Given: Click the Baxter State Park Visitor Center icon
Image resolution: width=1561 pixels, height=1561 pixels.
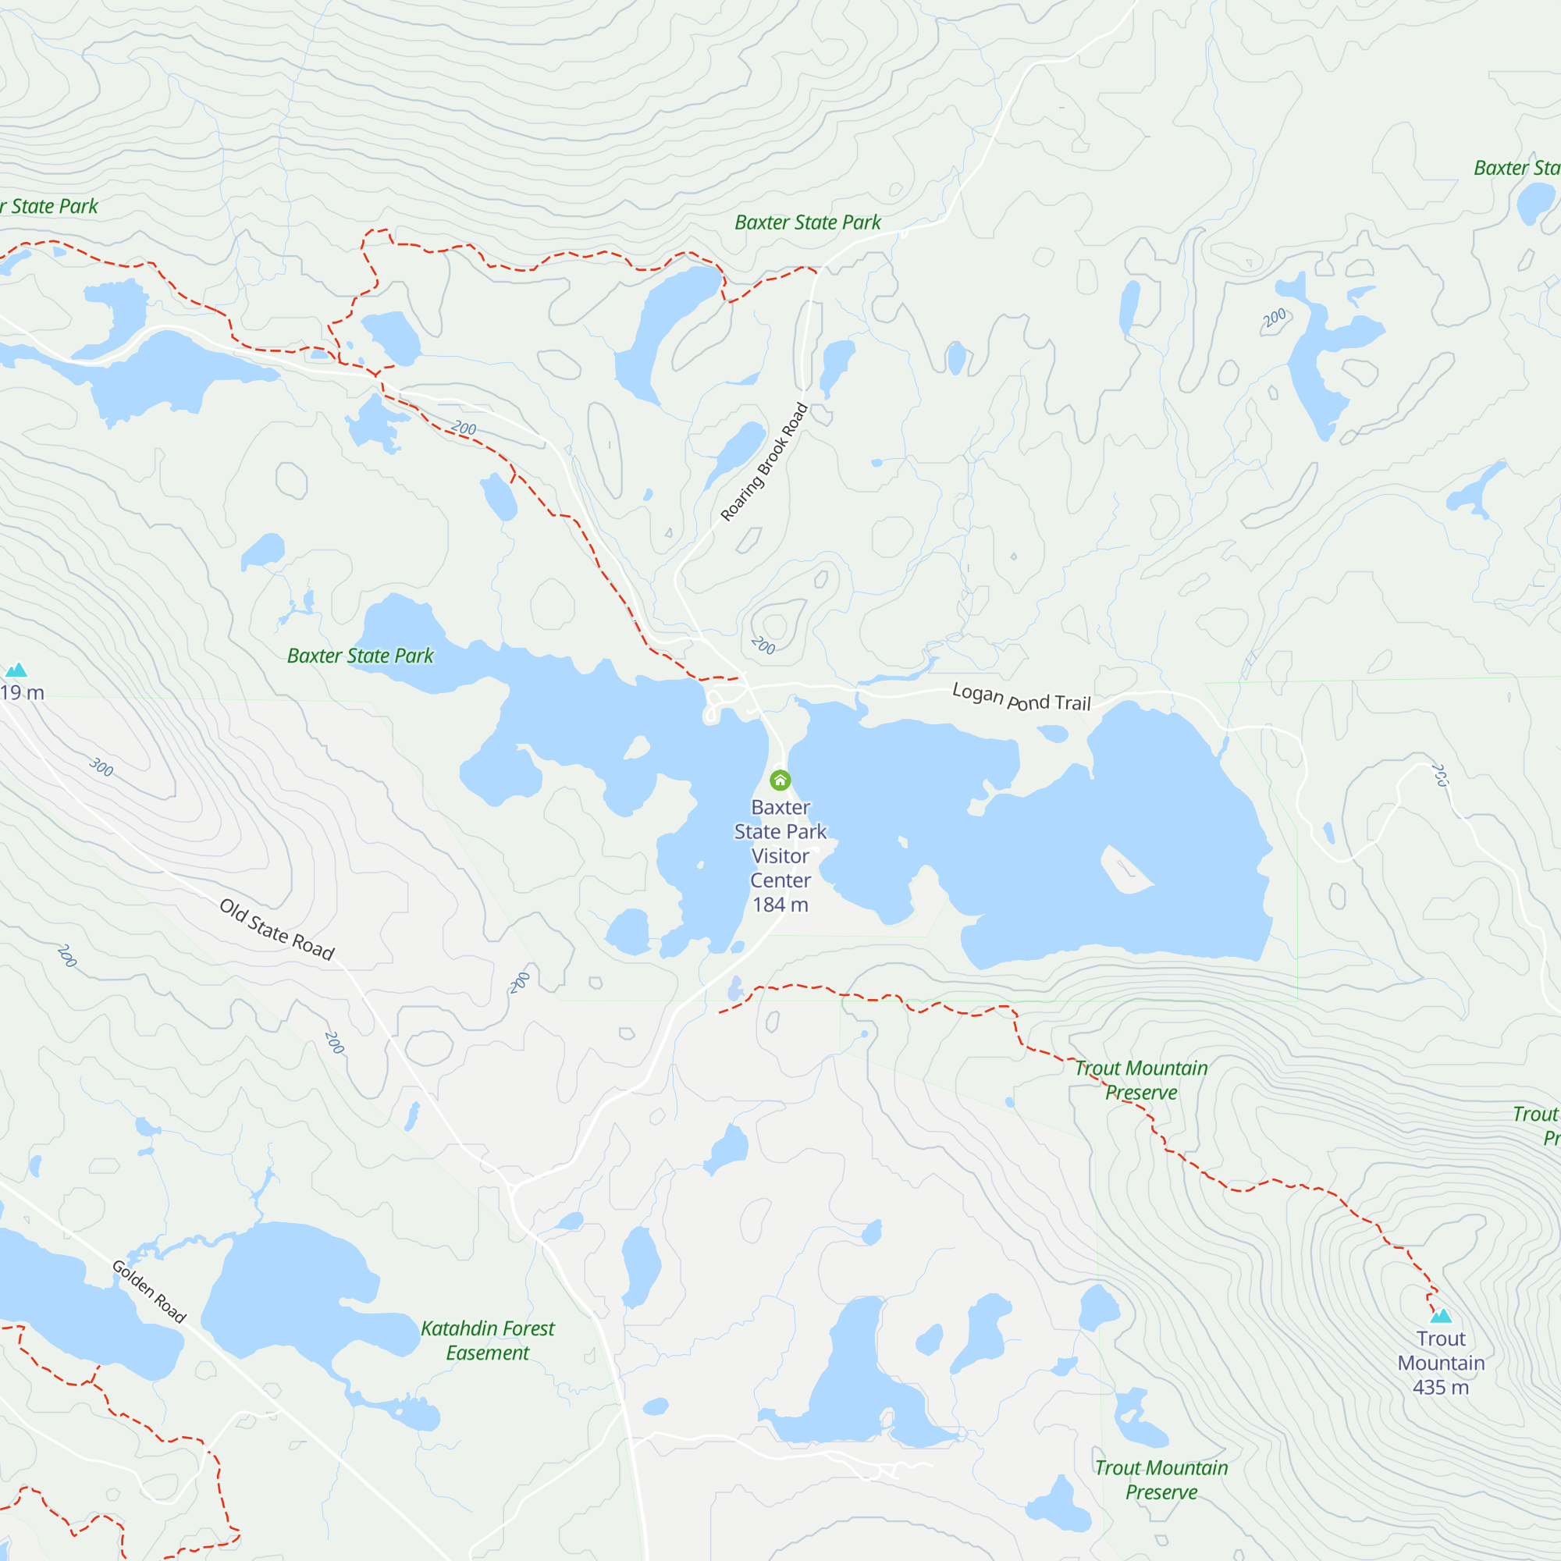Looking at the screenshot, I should (x=780, y=780).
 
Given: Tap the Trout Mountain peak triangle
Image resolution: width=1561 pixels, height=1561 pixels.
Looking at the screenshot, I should (x=1441, y=1316).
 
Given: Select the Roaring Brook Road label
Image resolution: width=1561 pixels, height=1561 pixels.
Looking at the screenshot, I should (x=763, y=462).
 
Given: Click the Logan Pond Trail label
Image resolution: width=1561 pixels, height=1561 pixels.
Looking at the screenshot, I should (x=1021, y=696).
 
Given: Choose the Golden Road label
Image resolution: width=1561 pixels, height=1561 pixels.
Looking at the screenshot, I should (x=148, y=1291).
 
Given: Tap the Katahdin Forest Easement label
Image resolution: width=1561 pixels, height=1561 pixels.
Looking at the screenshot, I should (x=487, y=1340).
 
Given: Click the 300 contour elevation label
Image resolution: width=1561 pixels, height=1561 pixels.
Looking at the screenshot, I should (x=101, y=766).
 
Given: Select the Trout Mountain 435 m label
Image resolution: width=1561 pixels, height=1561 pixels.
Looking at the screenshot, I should (x=1441, y=1363).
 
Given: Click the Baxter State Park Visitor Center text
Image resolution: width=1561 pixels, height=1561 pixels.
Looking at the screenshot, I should (x=780, y=844).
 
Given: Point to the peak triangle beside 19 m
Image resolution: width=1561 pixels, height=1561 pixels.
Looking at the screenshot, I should (x=16, y=670).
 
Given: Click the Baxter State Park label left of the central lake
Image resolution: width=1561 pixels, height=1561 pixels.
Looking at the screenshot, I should (x=361, y=656).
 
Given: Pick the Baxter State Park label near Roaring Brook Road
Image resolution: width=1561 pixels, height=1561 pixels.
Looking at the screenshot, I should (x=807, y=222).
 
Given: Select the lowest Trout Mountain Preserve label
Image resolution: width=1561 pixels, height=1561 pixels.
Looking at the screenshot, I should (x=1161, y=1479).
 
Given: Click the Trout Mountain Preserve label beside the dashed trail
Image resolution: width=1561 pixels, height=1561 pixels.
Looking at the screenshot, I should (x=1141, y=1080).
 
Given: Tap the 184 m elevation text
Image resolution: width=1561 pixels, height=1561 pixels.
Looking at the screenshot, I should (x=780, y=905).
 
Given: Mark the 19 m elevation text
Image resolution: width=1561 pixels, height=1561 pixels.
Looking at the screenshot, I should (x=22, y=692).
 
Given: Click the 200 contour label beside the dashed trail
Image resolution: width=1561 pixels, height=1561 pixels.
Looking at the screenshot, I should (x=463, y=428).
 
